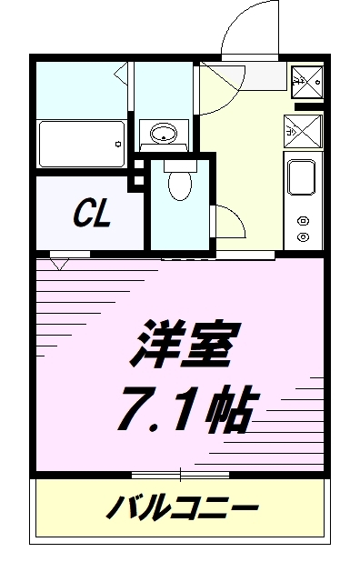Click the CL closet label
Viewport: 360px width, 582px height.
pos(92,215)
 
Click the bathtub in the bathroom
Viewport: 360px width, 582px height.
pos(81,142)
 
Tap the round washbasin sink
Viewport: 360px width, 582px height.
pos(164,135)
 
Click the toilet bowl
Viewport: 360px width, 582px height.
pos(179,187)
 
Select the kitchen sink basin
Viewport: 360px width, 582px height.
pos(301,177)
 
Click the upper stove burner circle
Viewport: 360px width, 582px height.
pos(303,219)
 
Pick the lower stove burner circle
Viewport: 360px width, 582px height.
pos(303,236)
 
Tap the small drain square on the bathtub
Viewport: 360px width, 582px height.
pos(118,142)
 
